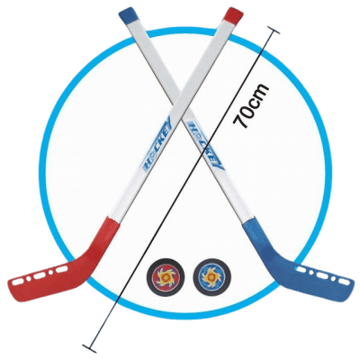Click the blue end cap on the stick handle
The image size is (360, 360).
(x=127, y=16)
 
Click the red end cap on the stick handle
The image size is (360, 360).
(x=233, y=14)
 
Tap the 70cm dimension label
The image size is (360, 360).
(x=249, y=105)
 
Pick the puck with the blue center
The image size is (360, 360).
(x=211, y=276)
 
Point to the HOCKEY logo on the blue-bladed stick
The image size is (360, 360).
(x=205, y=146)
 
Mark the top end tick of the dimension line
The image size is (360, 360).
(x=273, y=31)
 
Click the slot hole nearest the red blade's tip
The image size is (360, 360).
(x=17, y=282)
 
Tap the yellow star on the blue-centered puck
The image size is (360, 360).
(x=211, y=276)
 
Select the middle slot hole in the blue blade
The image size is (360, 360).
(x=322, y=274)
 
